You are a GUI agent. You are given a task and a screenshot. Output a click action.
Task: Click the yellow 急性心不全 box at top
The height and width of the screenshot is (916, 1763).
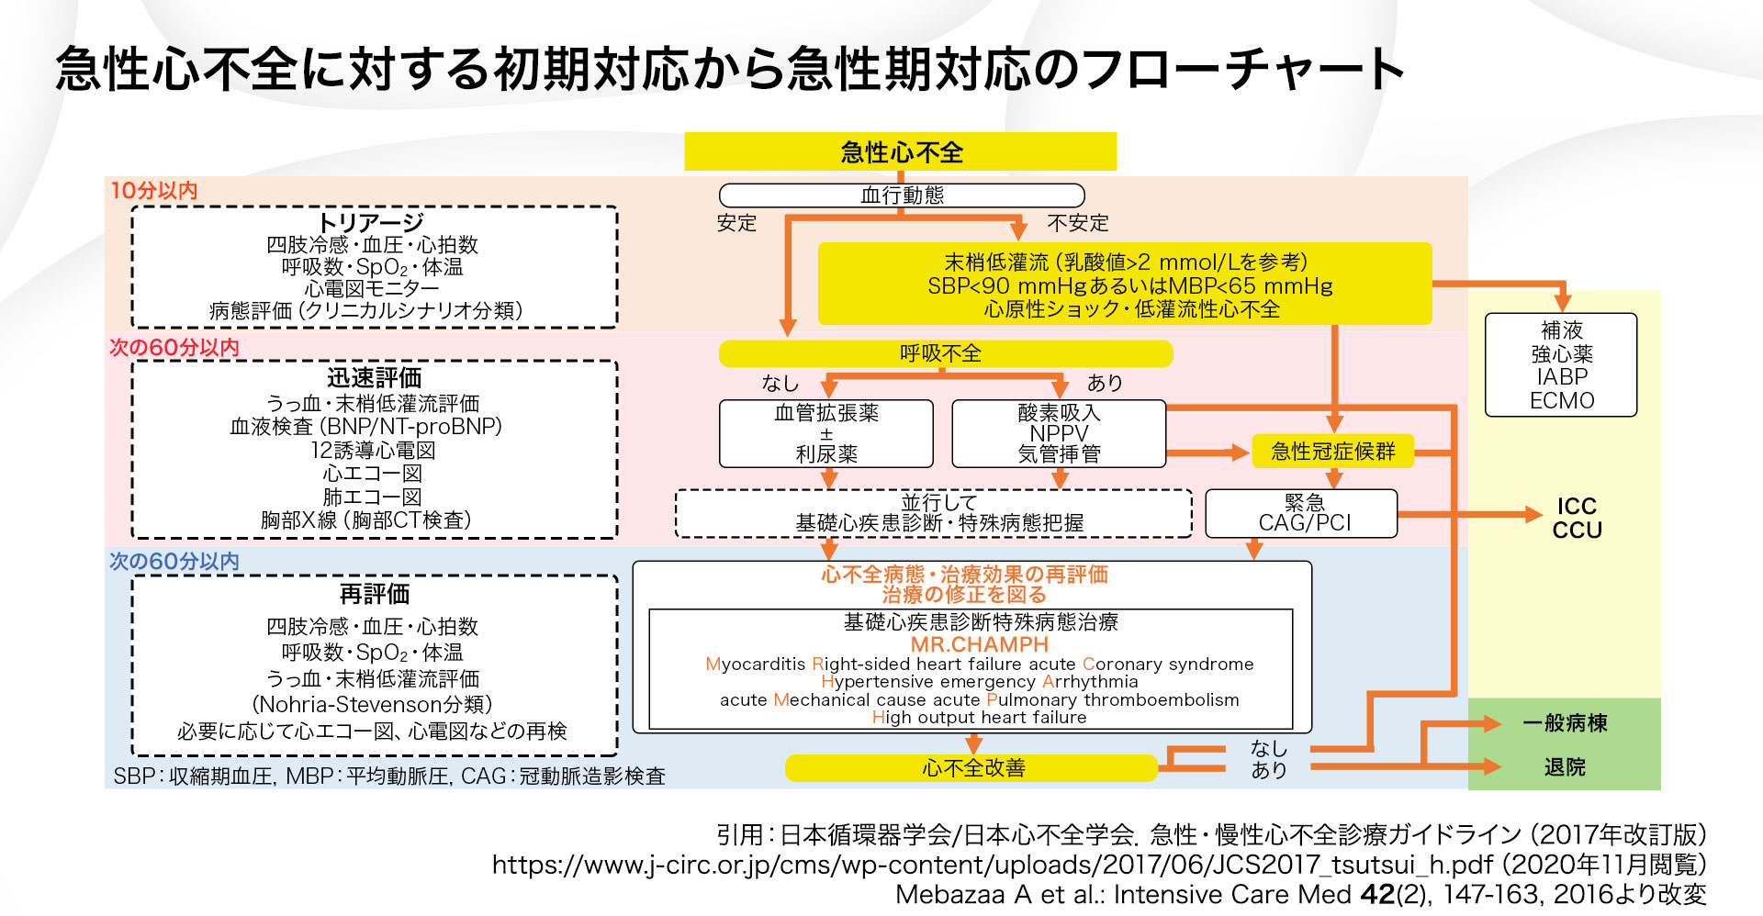(x=900, y=151)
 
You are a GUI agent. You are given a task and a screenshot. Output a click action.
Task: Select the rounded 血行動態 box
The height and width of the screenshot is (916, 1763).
(x=902, y=195)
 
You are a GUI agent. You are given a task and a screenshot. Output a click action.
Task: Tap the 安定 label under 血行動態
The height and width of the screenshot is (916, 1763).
(x=736, y=223)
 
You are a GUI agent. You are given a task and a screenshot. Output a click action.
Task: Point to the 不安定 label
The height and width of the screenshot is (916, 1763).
(x=1078, y=223)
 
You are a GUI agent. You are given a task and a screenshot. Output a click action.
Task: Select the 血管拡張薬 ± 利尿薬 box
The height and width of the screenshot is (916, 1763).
(x=826, y=433)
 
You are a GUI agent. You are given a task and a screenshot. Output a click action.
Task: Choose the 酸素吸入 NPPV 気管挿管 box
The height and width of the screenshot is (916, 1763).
(x=1059, y=433)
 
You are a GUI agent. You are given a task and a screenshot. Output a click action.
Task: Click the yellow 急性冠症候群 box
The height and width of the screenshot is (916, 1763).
(x=1332, y=451)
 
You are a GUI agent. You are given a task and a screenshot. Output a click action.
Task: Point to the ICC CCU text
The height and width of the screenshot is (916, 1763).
(x=1577, y=518)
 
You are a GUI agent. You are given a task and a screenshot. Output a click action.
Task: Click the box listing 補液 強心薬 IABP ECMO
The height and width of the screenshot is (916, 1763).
(x=1561, y=365)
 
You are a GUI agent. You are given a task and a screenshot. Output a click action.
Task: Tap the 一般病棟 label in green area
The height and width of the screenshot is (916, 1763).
(x=1565, y=723)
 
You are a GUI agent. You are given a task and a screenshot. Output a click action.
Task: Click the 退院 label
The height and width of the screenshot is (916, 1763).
(x=1565, y=766)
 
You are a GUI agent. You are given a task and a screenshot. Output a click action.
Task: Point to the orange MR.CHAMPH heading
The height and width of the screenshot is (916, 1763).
(x=979, y=644)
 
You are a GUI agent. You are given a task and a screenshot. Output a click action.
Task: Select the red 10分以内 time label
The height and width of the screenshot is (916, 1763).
(x=153, y=190)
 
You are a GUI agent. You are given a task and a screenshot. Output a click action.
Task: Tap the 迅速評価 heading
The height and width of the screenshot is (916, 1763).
(x=374, y=377)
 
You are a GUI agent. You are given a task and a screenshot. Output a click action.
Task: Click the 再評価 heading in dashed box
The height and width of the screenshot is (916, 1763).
(x=374, y=594)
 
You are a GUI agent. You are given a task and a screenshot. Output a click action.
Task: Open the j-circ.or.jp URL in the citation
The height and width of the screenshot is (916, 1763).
(x=992, y=865)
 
